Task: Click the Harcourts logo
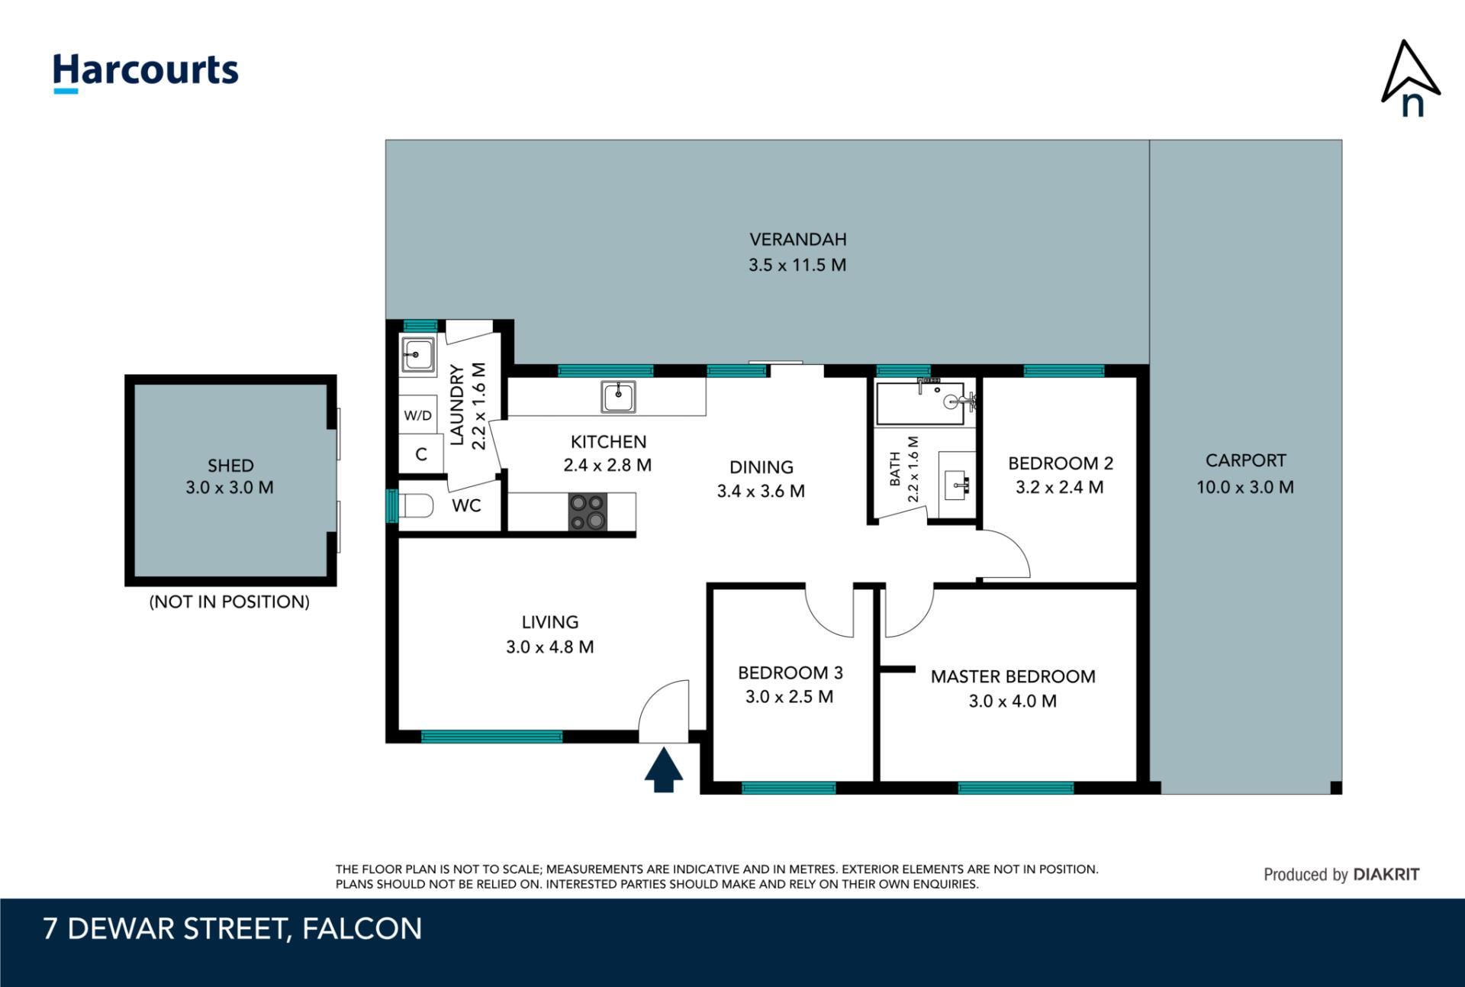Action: (x=145, y=73)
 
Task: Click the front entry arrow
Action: (x=663, y=769)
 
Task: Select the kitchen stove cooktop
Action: (x=588, y=511)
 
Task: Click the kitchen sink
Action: (x=618, y=397)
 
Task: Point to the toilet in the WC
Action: (x=416, y=505)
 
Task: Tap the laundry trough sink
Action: (x=417, y=354)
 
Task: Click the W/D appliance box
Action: (x=417, y=415)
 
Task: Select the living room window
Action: (x=491, y=737)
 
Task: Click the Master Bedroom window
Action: (x=1016, y=788)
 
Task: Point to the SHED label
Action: (x=230, y=466)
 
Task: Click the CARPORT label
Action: (x=1245, y=460)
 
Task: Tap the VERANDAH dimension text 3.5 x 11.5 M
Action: (x=797, y=265)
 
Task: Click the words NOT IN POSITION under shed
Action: (x=230, y=602)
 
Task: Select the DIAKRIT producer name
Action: (x=1386, y=875)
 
